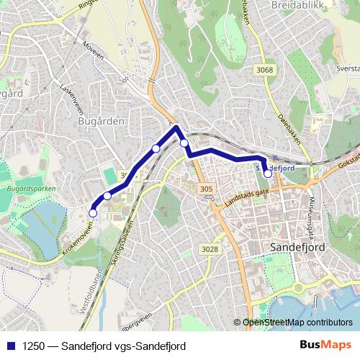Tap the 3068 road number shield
[265, 70]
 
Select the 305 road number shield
[206, 189]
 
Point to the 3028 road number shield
[210, 248]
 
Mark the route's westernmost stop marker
[92, 212]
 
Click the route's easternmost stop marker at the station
[268, 173]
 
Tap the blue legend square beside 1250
[9, 346]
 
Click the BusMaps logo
[325, 346]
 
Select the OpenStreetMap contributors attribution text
[298, 323]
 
